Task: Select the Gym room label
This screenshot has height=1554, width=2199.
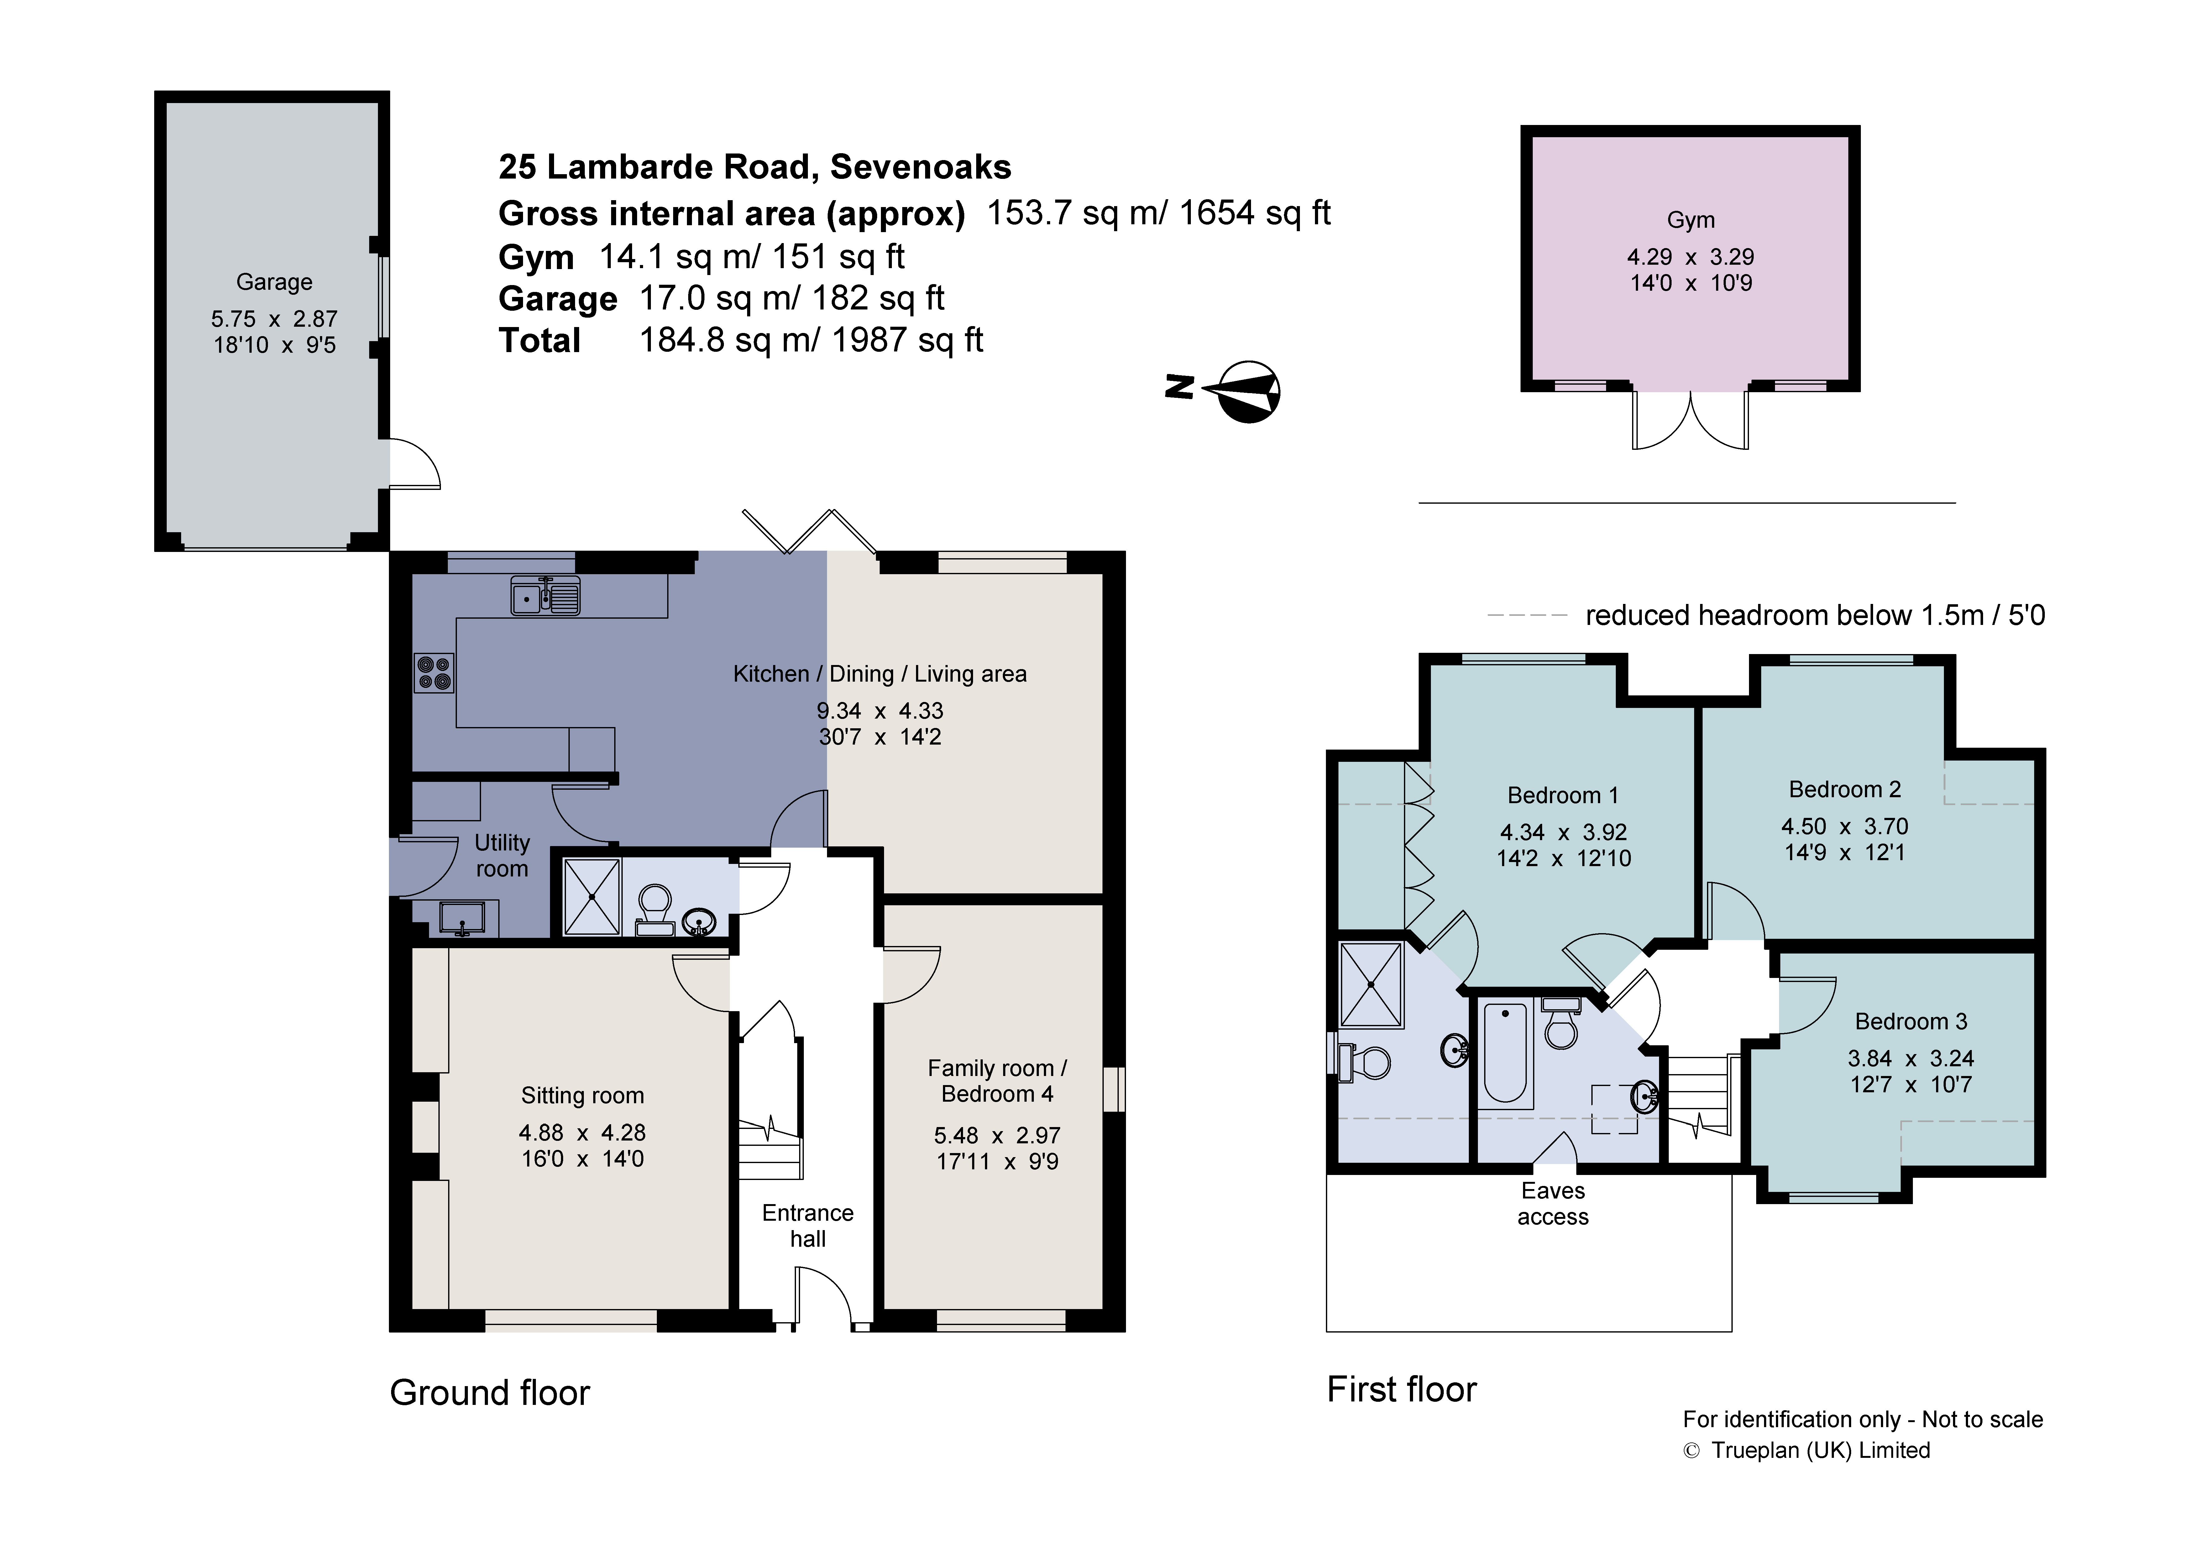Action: pos(1690,220)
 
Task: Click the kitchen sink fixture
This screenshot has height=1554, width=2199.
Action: pos(545,595)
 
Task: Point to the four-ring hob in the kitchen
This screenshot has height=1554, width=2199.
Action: pos(434,672)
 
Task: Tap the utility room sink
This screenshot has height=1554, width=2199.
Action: pos(463,917)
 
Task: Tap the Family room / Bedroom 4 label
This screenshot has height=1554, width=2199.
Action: pos(997,1081)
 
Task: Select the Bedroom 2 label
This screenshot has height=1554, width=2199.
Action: pos(1845,790)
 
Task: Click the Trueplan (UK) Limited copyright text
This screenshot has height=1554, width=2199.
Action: pos(1820,1451)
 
